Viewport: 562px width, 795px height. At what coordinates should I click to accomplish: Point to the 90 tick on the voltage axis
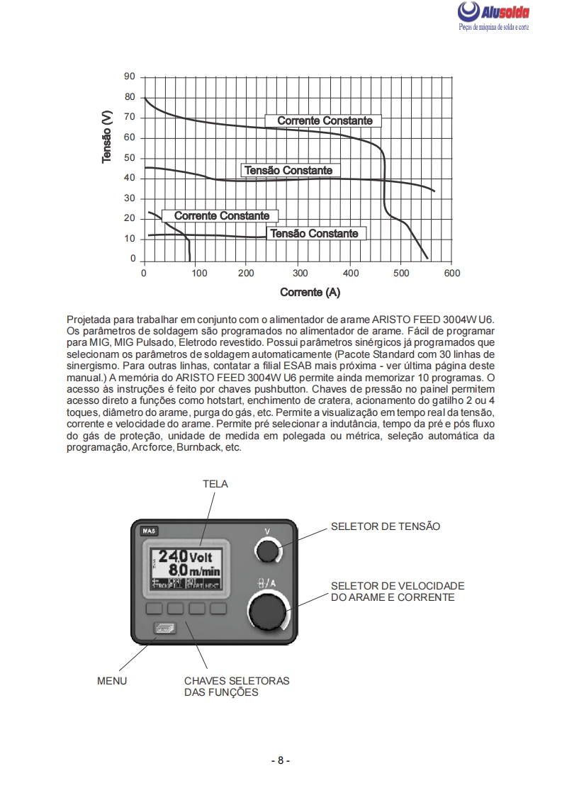coord(130,77)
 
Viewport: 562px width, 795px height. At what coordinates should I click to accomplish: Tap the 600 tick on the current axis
coord(452,273)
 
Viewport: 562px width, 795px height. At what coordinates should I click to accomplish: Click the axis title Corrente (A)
coord(310,292)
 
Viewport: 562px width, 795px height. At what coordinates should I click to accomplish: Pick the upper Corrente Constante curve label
coord(324,120)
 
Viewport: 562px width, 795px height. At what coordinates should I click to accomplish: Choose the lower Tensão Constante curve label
coord(315,233)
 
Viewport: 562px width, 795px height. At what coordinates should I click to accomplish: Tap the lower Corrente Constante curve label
coord(221,215)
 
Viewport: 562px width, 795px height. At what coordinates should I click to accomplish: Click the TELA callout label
coord(215,483)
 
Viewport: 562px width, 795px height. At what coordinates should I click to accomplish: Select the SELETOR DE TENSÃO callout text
coord(386,526)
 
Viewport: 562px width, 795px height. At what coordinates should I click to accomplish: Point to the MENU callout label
coord(112,681)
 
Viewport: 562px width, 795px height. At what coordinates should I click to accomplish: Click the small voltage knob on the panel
coord(268,551)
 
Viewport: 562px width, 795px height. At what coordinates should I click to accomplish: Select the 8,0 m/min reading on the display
coord(190,570)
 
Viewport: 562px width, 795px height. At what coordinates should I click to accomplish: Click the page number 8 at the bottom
coord(281,760)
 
